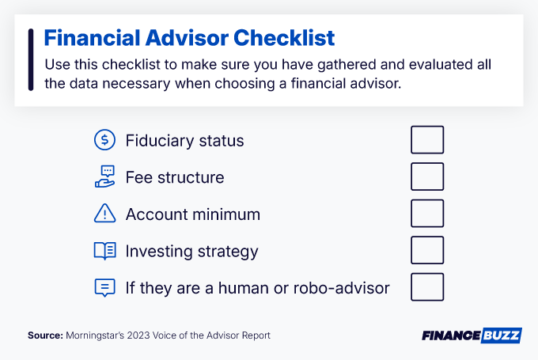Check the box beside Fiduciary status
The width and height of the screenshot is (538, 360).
tap(427, 140)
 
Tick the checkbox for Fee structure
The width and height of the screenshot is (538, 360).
tap(427, 176)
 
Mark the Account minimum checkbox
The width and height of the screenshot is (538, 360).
tap(427, 214)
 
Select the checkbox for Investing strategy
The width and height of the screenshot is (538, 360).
tap(427, 251)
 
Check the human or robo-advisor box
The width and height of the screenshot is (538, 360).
tap(427, 287)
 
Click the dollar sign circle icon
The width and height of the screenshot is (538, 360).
tap(104, 140)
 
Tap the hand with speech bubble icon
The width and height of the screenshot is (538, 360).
tap(104, 177)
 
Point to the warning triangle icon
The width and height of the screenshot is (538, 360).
tap(104, 214)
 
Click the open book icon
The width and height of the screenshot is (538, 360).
tap(104, 251)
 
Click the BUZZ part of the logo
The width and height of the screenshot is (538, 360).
tap(501, 335)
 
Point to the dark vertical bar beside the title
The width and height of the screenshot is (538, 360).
tap(30, 59)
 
